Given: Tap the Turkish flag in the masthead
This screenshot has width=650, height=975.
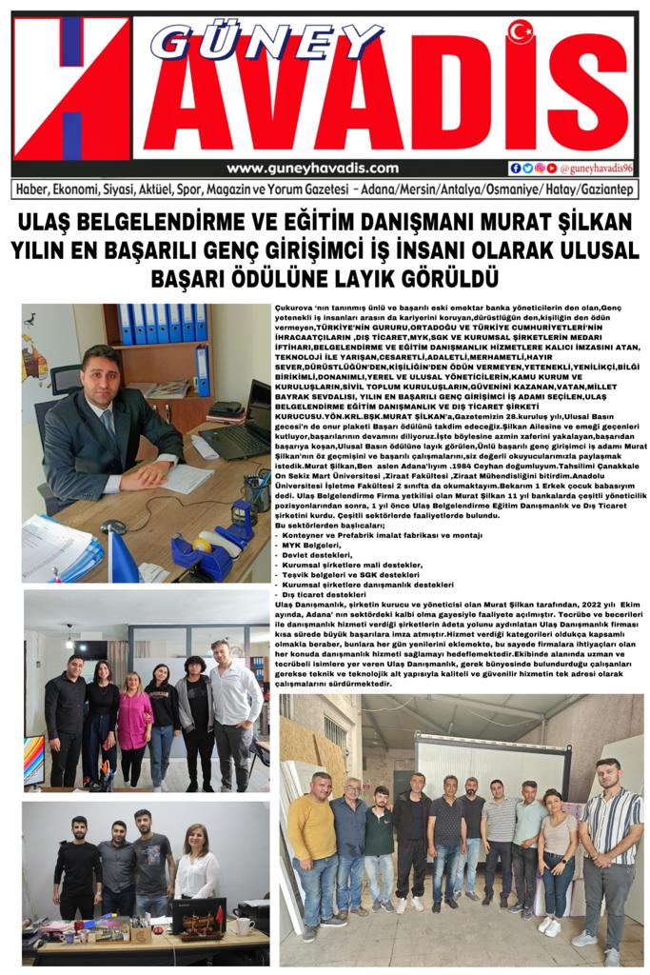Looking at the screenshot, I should coord(521,31).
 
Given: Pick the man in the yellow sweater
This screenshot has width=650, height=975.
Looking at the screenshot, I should coord(310,838).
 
